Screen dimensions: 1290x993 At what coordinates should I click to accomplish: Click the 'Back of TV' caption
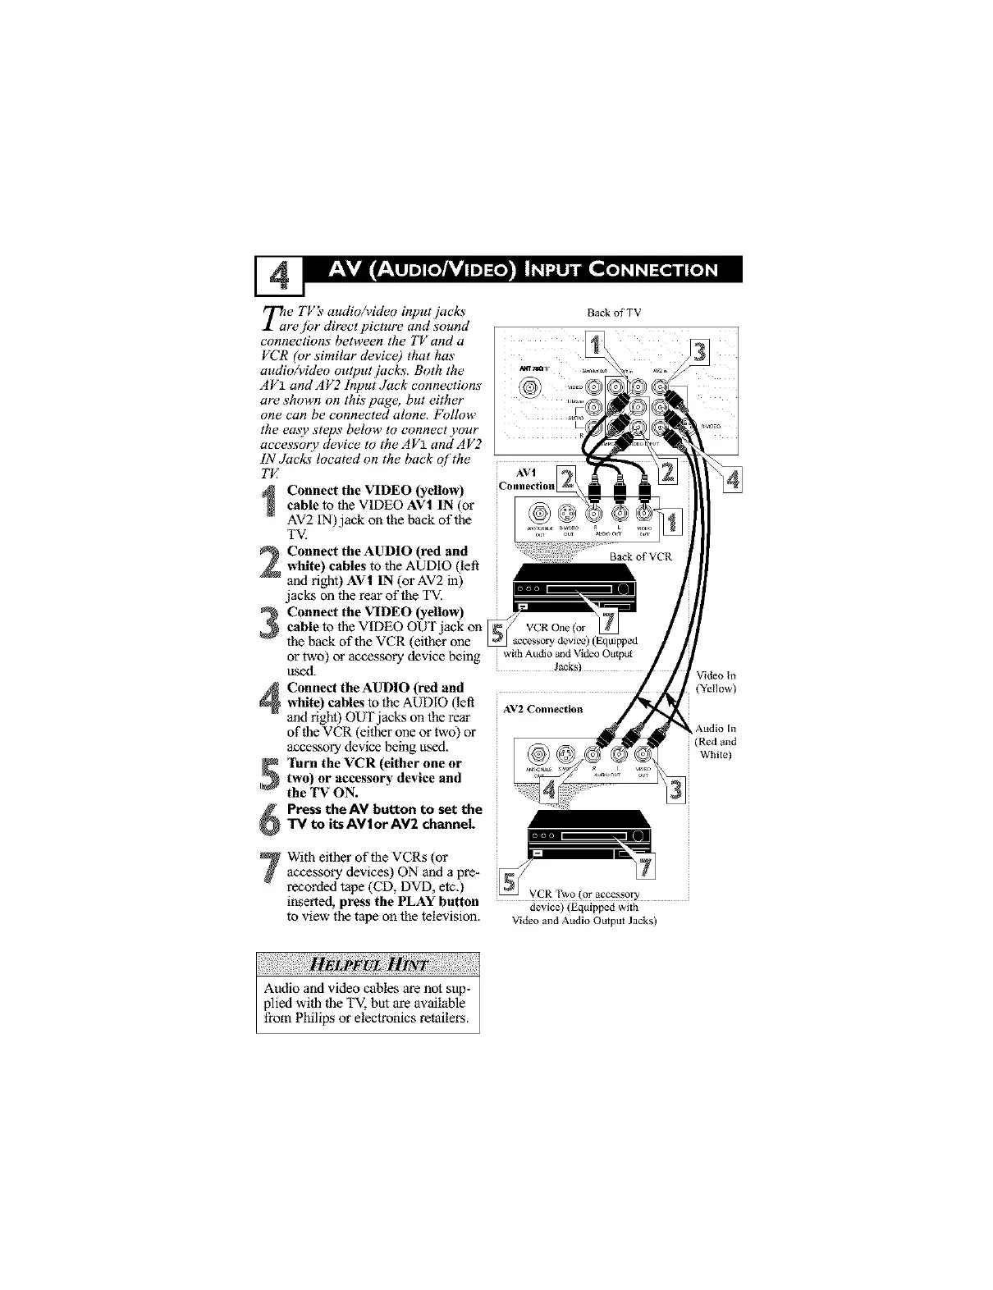pos(614,313)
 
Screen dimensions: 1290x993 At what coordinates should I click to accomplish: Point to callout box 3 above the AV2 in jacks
pos(700,352)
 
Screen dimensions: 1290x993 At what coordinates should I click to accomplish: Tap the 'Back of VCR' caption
pos(640,556)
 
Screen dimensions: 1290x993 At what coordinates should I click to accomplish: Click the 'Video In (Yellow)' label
pos(716,683)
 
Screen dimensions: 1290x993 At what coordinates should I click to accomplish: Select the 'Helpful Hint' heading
pos(368,966)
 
